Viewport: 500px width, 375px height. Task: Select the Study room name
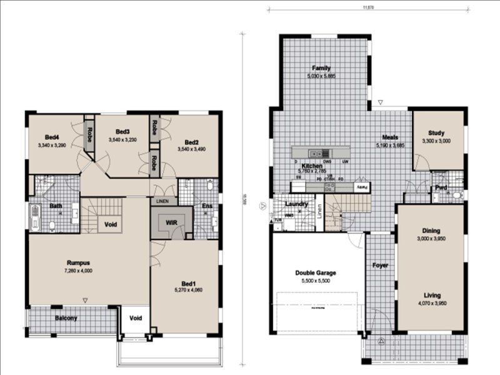click(436, 133)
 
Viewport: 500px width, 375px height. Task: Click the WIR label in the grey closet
click(171, 222)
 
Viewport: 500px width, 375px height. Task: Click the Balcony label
click(66, 318)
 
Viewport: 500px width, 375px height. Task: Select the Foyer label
click(380, 266)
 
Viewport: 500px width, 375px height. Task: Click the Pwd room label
click(441, 187)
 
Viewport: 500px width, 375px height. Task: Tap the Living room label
click(431, 295)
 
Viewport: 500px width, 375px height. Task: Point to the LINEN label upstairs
click(163, 201)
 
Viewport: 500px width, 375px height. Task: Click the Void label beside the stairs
click(111, 224)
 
